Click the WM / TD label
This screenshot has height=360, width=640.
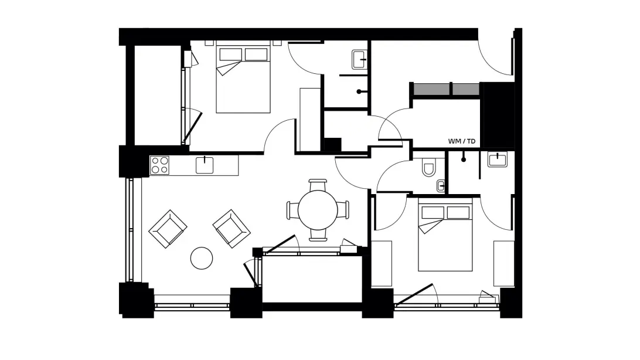pyautogui.click(x=462, y=141)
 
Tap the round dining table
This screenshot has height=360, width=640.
pyautogui.click(x=318, y=210)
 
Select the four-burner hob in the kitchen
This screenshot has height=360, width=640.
pyautogui.click(x=159, y=165)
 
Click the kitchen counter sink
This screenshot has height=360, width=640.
pyautogui.click(x=205, y=165)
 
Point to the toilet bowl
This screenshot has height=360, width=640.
pyautogui.click(x=428, y=167)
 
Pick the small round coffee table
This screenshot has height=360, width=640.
pyautogui.click(x=202, y=258)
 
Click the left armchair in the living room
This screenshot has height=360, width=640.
pyautogui.click(x=168, y=229)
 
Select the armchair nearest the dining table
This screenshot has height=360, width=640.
pyautogui.click(x=232, y=229)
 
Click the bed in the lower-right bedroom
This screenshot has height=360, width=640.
pyautogui.click(x=445, y=237)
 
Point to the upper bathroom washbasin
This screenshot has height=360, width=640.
pyautogui.click(x=360, y=60)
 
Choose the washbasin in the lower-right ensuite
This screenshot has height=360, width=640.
pyautogui.click(x=498, y=159)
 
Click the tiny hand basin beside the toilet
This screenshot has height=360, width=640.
pyautogui.click(x=441, y=186)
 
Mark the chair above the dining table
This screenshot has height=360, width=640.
pyautogui.click(x=318, y=185)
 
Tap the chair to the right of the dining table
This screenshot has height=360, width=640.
pyautogui.click(x=343, y=210)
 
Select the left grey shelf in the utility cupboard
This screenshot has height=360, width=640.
pyautogui.click(x=431, y=89)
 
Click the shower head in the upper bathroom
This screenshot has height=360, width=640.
pyautogui.click(x=359, y=92)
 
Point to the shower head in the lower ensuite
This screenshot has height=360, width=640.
pyautogui.click(x=463, y=159)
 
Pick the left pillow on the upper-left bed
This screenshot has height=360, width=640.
pyautogui.click(x=230, y=55)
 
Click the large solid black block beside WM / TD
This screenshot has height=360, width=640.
pyautogui.click(x=497, y=115)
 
